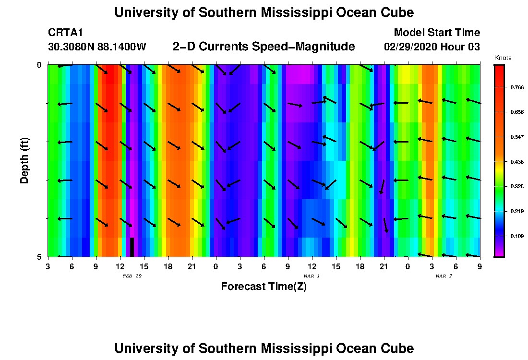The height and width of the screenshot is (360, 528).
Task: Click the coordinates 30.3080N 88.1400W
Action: [x=97, y=47]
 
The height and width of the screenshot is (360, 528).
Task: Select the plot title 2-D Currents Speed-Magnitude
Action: [x=264, y=47]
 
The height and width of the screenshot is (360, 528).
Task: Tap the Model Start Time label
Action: [x=436, y=33]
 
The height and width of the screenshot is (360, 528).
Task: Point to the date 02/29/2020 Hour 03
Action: [x=432, y=47]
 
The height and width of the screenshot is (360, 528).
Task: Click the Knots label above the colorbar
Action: [x=503, y=58]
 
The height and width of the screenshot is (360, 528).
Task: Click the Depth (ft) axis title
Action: [x=24, y=160]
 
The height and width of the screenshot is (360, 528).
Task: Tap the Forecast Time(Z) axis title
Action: [x=264, y=287]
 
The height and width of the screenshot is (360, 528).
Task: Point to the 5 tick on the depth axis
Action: [x=39, y=257]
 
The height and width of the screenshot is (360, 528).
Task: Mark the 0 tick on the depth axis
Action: [x=39, y=65]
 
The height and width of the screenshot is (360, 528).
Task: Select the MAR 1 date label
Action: [x=312, y=276]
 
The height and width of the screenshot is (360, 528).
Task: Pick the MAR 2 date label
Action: [x=444, y=276]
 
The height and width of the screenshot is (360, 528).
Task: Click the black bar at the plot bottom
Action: [x=132, y=247]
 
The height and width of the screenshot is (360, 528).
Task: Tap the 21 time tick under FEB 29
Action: [x=192, y=265]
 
